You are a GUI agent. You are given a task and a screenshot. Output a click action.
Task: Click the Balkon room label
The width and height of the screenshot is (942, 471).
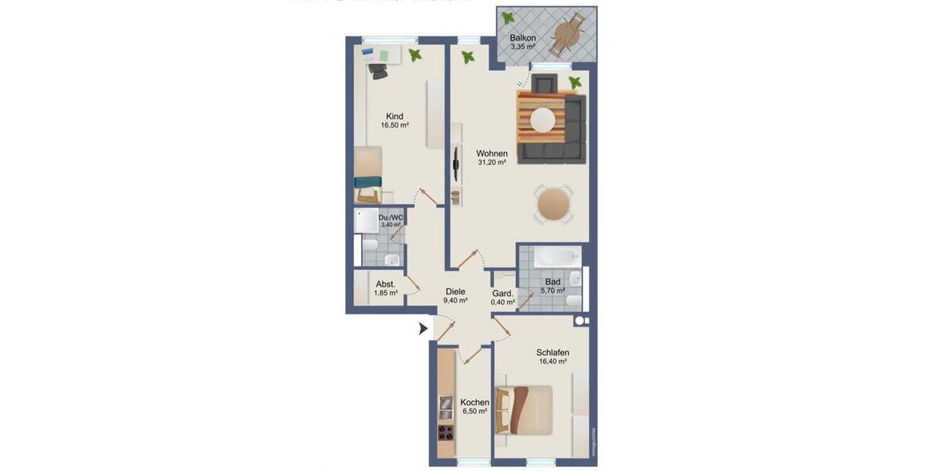point(523,38)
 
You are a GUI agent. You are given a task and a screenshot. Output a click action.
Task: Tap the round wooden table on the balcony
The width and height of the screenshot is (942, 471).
point(566,34)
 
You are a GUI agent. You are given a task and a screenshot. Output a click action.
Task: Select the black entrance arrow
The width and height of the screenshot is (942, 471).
point(425,328)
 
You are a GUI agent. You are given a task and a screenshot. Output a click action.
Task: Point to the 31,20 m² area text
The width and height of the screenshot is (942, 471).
point(491,162)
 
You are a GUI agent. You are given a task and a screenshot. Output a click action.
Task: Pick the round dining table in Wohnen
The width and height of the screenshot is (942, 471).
point(555,205)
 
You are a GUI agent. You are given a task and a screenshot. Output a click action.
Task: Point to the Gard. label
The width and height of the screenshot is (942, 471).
point(502,294)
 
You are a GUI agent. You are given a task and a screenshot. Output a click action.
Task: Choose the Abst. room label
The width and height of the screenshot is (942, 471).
point(385,284)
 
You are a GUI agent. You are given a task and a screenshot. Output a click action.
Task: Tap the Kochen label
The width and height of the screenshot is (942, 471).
point(474,401)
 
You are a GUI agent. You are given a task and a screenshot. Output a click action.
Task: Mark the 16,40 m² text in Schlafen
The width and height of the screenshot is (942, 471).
point(553,362)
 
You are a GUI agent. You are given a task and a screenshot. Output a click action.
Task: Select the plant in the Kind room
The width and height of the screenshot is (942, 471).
point(414,54)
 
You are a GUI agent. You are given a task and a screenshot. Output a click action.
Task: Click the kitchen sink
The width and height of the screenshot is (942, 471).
point(444,407)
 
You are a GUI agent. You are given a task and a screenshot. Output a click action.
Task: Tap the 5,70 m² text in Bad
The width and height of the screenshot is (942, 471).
point(553,290)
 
